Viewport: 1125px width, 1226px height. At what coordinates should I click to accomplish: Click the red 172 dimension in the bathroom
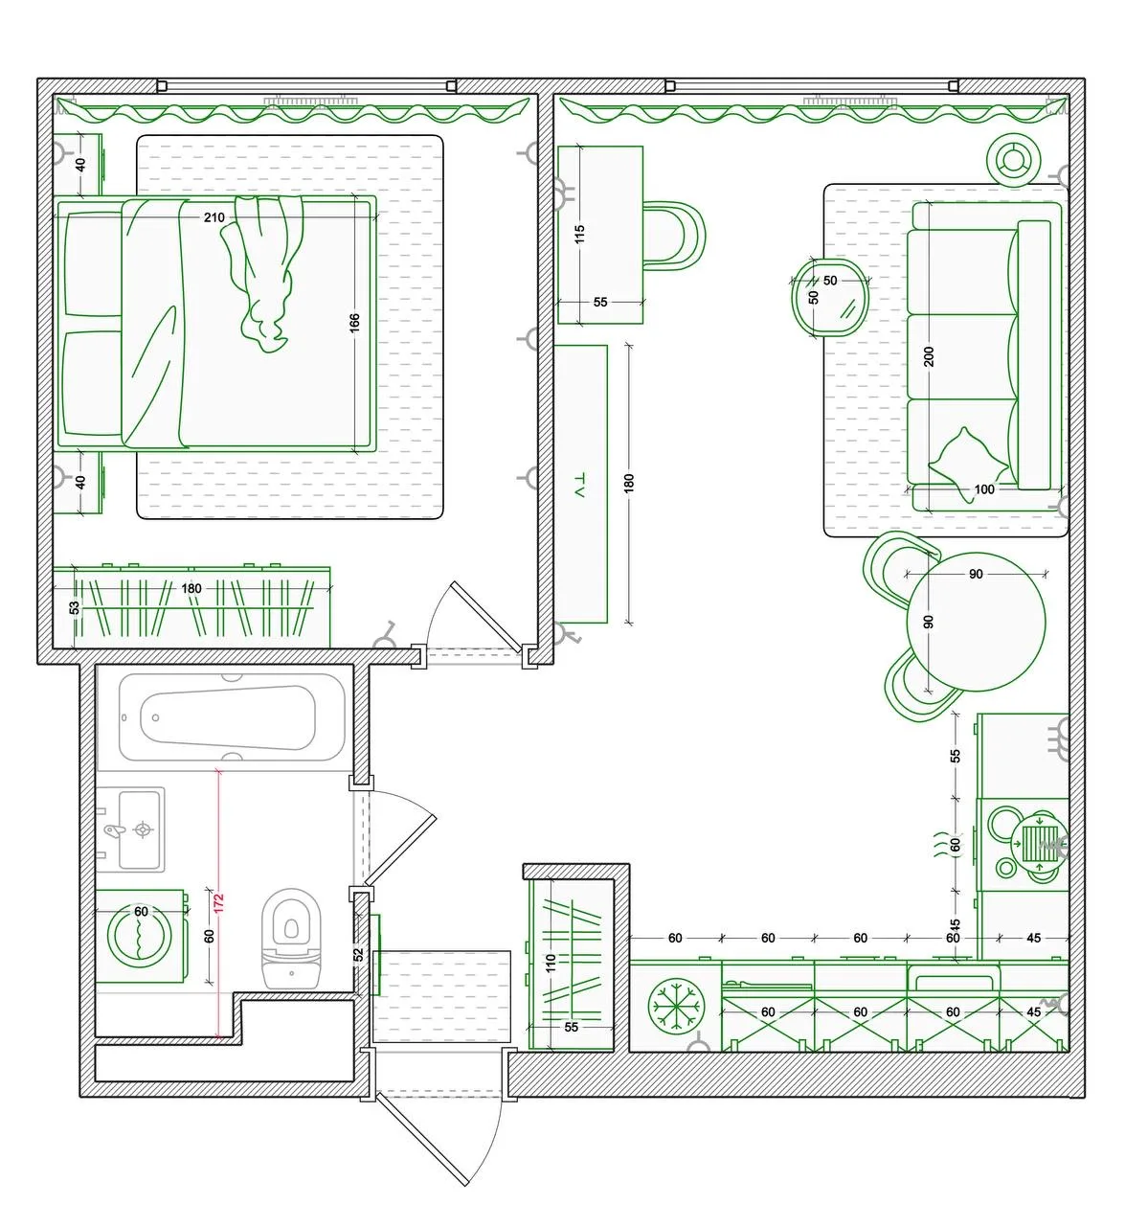click(219, 902)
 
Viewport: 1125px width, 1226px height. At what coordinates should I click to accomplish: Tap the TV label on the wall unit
click(580, 486)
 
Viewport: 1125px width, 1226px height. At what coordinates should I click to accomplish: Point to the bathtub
click(233, 717)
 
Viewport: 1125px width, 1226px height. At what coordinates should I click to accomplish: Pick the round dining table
click(976, 623)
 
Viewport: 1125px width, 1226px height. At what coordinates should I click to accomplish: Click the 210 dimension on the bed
click(214, 217)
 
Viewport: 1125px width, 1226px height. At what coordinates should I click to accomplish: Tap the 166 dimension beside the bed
click(354, 323)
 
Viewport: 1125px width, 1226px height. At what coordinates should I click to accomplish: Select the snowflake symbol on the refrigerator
click(676, 1006)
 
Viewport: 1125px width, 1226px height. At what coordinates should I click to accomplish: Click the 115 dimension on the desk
click(580, 234)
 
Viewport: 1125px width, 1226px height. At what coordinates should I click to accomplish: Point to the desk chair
click(673, 236)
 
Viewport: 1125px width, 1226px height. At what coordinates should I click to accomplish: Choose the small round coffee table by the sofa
click(830, 298)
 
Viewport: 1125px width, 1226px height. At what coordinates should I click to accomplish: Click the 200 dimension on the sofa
click(929, 356)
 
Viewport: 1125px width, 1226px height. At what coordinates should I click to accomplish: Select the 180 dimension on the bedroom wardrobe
click(191, 588)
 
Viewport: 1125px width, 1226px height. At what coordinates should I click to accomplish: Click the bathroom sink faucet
click(114, 830)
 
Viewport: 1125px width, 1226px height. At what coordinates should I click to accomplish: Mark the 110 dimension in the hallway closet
click(551, 964)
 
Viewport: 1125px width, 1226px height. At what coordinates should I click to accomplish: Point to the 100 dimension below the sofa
click(984, 489)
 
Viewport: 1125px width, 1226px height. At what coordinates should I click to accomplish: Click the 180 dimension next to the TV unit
click(629, 483)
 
